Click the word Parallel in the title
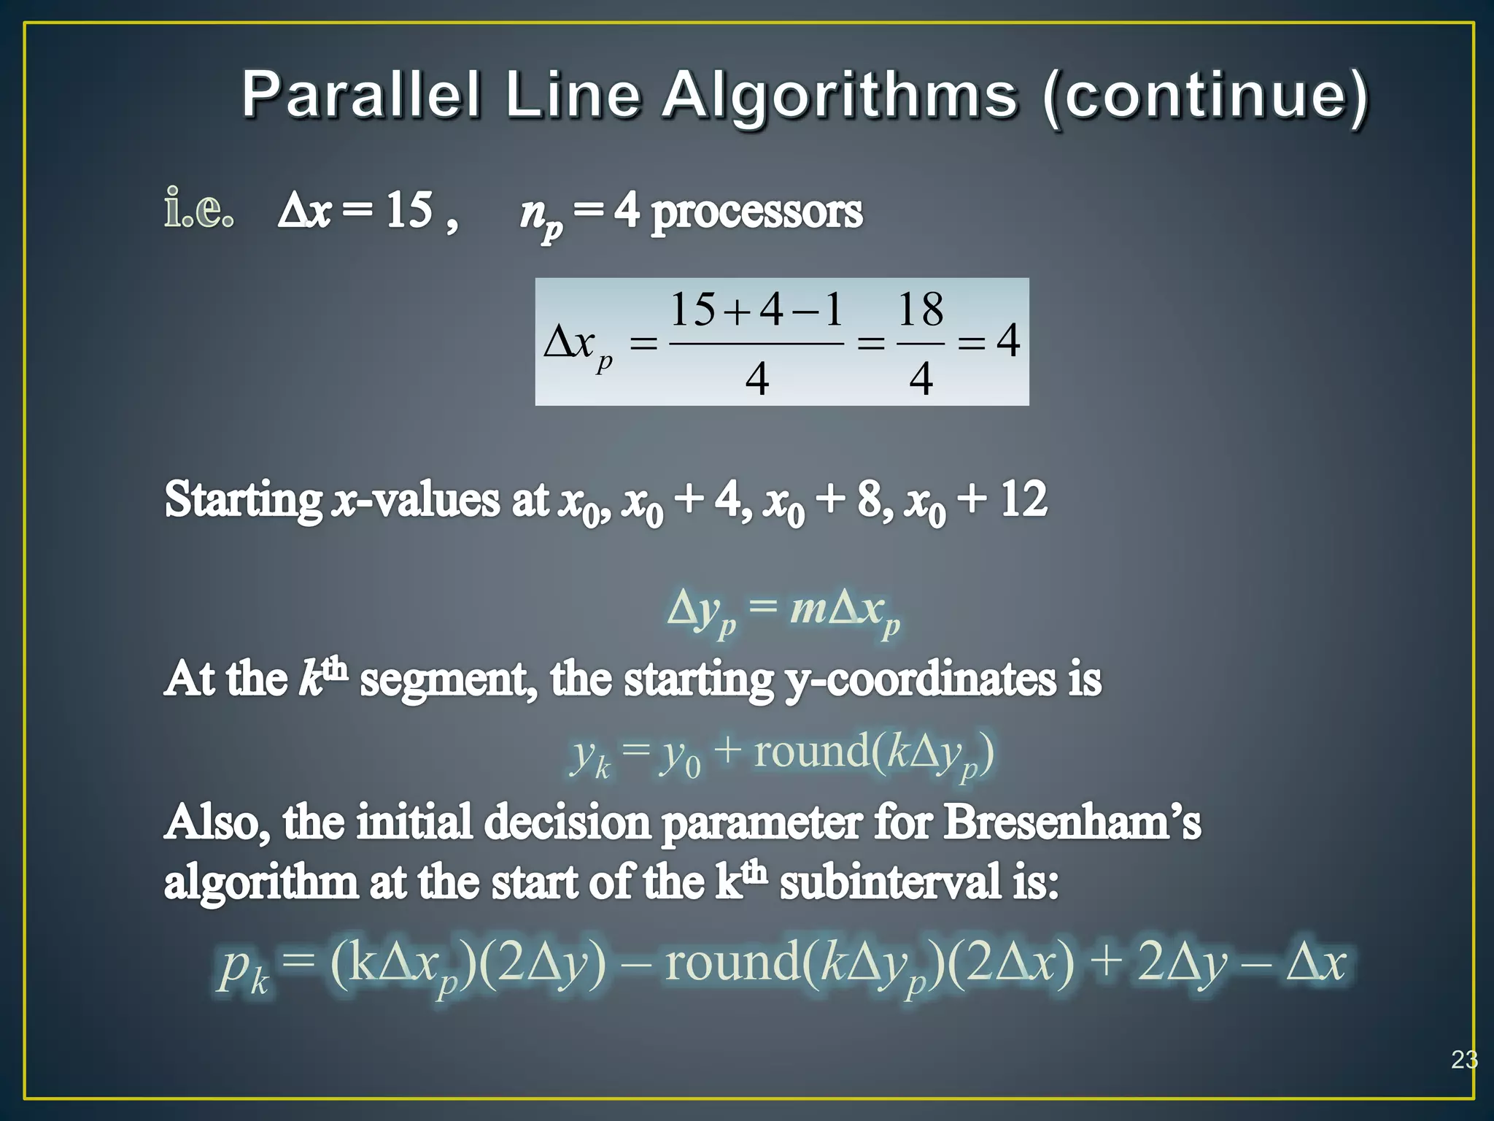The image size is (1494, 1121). point(362,95)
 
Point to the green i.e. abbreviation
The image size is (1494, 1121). point(198,209)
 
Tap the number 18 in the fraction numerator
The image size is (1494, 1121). point(921,309)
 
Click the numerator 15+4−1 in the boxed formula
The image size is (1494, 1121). point(756,309)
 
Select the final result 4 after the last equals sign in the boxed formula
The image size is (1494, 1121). point(1008,341)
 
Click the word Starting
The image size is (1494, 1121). point(244,501)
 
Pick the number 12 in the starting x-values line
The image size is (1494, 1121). point(1023,500)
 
